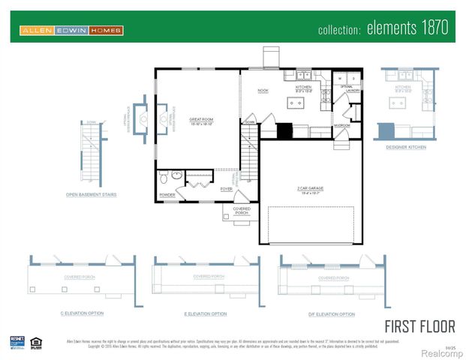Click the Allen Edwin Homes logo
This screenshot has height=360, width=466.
(x=71, y=31)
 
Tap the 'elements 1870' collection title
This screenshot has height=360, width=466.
(x=383, y=29)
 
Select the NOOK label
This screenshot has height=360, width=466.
(x=263, y=91)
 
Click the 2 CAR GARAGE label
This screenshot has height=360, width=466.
(x=310, y=188)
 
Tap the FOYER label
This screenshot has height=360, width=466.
(x=226, y=189)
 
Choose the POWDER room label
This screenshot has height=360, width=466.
(x=167, y=195)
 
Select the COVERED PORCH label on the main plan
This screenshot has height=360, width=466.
(x=242, y=210)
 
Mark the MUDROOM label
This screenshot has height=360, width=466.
(x=341, y=125)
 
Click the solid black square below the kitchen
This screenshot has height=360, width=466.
(x=284, y=131)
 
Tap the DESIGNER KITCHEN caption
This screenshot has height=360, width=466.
(x=406, y=147)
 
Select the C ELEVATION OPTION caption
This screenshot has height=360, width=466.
(x=82, y=313)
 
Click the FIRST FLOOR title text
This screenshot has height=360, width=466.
(x=419, y=327)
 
